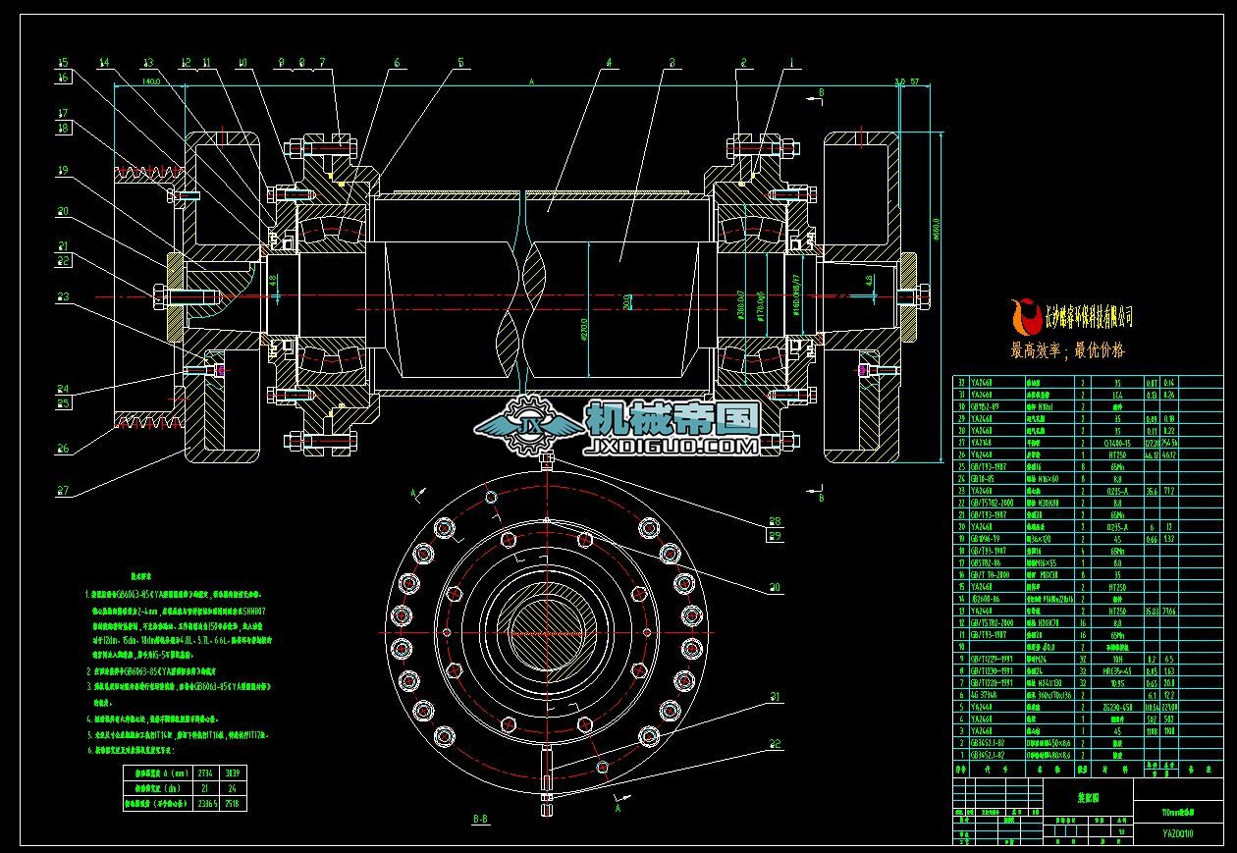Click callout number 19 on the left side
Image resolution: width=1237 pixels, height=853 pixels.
[62, 170]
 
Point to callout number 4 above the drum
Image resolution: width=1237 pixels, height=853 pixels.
[609, 63]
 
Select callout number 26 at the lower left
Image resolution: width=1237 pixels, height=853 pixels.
[62, 449]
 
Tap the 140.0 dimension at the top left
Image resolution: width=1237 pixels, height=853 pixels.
[151, 82]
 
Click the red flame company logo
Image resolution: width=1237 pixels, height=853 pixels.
[1028, 315]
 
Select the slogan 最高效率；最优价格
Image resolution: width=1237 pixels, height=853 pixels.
[1068, 349]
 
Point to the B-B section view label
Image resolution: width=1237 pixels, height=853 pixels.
[481, 818]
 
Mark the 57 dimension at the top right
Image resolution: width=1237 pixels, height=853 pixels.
[914, 82]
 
